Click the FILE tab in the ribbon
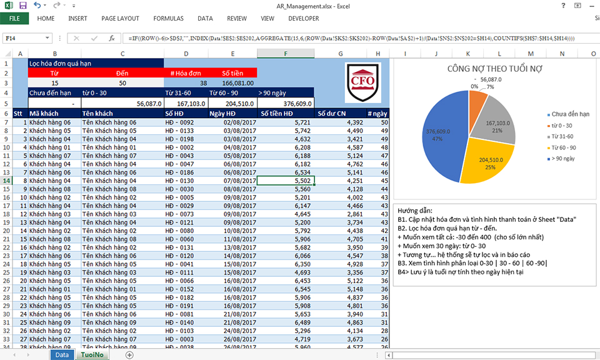click(14, 19)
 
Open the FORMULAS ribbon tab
click(168, 19)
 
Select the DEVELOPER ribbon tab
click(304, 19)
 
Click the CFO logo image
click(362, 82)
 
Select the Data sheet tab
click(62, 354)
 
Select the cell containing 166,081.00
click(232, 82)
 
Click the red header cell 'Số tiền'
click(232, 72)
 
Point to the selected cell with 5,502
click(286, 181)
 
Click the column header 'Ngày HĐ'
click(232, 113)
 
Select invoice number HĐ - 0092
click(186, 122)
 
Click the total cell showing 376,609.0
click(286, 103)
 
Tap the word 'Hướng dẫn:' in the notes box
click(415, 211)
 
